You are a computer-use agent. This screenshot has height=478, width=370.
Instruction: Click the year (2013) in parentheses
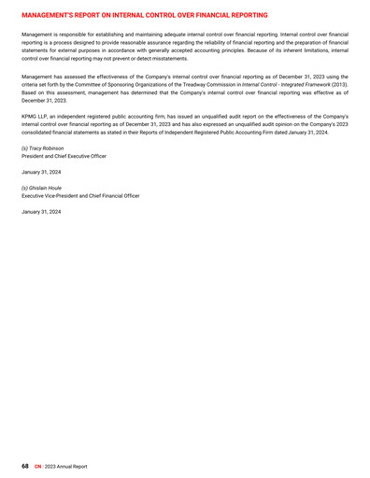pyautogui.click(x=338, y=86)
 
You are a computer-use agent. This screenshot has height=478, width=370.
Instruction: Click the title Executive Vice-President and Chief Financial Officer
pyautogui.click(x=80, y=195)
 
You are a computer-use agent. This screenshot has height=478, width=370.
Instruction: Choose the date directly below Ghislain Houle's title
pyautogui.click(x=41, y=212)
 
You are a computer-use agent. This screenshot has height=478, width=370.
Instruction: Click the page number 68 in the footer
pyautogui.click(x=26, y=464)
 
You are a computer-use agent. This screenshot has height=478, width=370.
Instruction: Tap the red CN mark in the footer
pyautogui.click(x=37, y=464)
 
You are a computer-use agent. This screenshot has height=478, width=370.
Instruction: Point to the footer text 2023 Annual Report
pyautogui.click(x=66, y=464)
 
